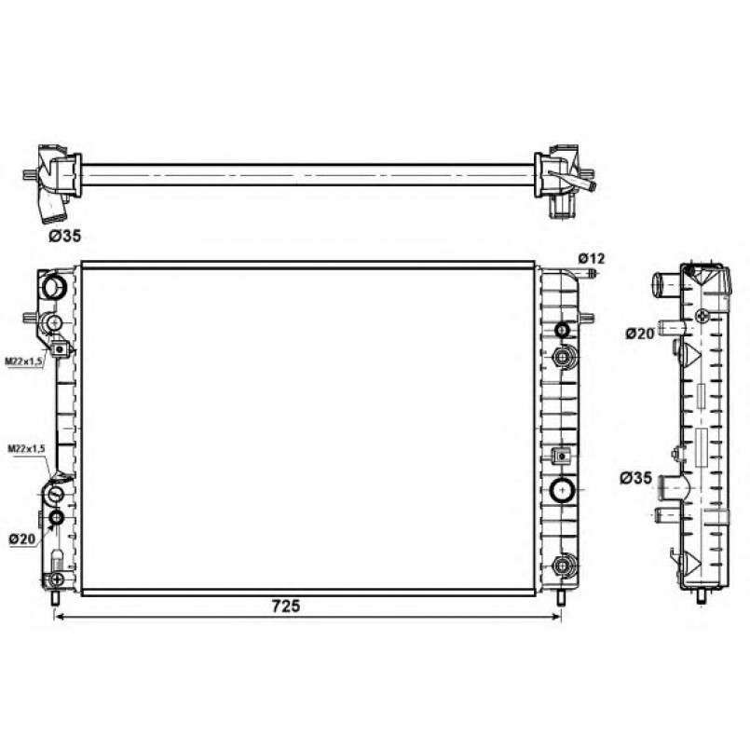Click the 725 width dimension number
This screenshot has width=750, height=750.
click(286, 606)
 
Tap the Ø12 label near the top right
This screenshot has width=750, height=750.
click(592, 259)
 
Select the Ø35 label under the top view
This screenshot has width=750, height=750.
click(65, 236)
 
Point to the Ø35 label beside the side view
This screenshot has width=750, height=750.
click(636, 477)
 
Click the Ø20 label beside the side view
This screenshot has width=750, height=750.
click(639, 334)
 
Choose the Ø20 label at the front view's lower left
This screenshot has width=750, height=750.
click(22, 539)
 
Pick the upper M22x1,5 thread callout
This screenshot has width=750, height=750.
click(25, 361)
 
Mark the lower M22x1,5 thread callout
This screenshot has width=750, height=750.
click(27, 449)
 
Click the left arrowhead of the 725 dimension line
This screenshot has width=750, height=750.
click(60, 617)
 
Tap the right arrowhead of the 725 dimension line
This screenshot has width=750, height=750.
click(557, 617)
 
